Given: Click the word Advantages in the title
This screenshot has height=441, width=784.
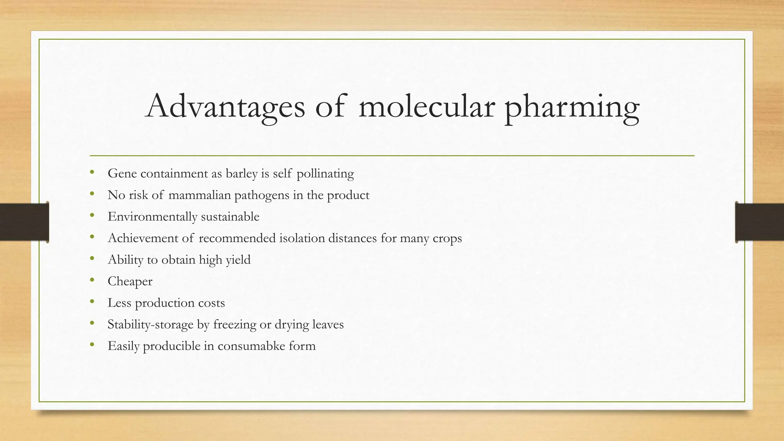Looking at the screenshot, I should (225, 106).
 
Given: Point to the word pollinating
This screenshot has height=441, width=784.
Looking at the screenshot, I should (325, 174).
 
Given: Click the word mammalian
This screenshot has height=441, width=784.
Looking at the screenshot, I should (199, 195).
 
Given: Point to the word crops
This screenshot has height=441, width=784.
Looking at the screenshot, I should (447, 238).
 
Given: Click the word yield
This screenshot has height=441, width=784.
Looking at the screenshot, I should (238, 260).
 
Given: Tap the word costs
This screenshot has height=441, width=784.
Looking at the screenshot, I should (211, 303).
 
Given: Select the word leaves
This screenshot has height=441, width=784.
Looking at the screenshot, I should (328, 324).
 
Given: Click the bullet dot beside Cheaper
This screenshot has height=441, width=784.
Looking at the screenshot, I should (92, 281).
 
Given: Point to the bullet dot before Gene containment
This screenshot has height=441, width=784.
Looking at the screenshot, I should (92, 173).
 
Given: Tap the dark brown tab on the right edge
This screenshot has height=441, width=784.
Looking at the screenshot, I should (759, 222).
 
